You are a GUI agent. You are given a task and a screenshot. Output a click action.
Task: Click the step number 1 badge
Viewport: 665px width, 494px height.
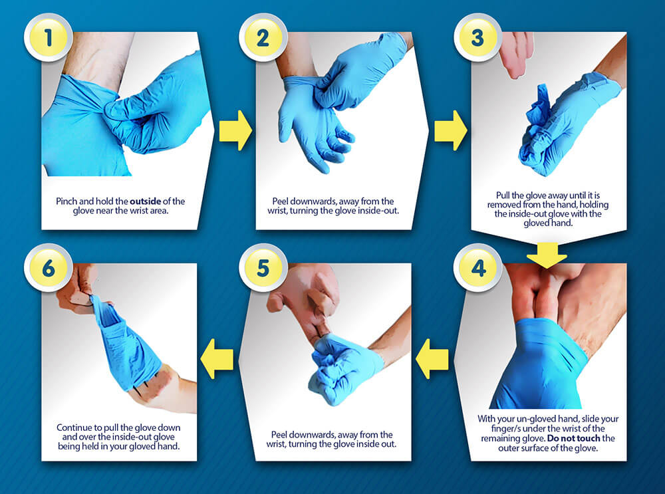[x=47, y=37]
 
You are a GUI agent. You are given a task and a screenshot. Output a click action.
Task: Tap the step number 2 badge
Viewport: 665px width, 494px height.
[x=263, y=37]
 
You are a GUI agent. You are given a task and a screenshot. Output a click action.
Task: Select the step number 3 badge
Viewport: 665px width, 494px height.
[x=477, y=37]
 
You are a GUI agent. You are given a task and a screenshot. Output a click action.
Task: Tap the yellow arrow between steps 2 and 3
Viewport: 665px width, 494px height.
[x=450, y=130]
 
